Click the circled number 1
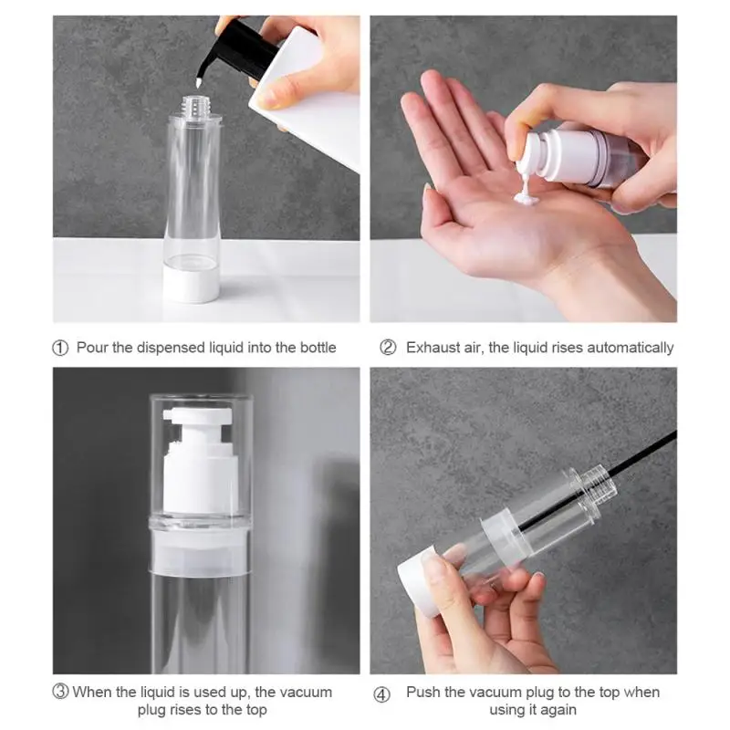pos(60,348)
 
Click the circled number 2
pos(388,348)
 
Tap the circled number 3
pos(60,692)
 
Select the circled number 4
pos(381,695)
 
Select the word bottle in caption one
pos(318,348)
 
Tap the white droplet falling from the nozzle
pos(199,84)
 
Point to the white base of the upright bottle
pos(191,285)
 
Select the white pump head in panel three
pos(200,461)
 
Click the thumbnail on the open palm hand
pos(427,189)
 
